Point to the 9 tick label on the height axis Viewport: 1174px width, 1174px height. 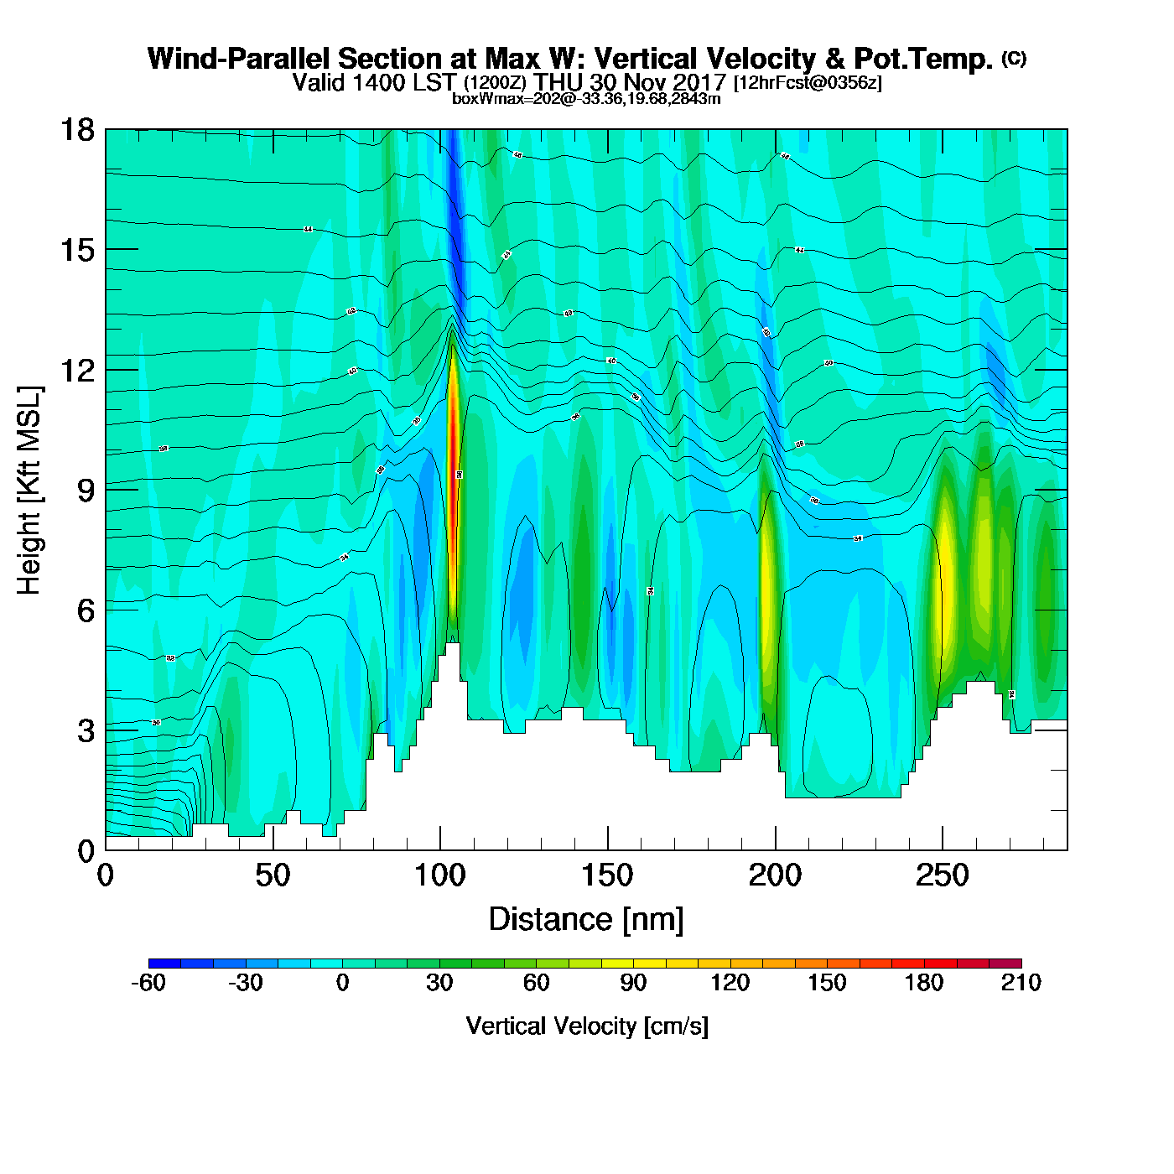[86, 491]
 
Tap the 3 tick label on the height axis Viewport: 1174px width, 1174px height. [86, 731]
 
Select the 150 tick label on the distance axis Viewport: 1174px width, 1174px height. [607, 876]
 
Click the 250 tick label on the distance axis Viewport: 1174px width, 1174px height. [943, 876]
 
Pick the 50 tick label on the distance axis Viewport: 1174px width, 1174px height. [273, 876]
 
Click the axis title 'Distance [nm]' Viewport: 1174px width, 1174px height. [586, 920]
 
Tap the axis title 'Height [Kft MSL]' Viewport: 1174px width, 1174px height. [29, 491]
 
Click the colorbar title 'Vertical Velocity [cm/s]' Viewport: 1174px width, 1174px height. [587, 1026]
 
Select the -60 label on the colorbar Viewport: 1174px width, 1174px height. [148, 984]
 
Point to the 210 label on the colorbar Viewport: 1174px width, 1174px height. [1021, 984]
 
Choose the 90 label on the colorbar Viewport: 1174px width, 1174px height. [633, 984]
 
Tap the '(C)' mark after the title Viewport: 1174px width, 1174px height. [1014, 58]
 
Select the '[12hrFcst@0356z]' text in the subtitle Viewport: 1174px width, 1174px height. [808, 83]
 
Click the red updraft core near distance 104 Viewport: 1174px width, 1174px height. [454, 486]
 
